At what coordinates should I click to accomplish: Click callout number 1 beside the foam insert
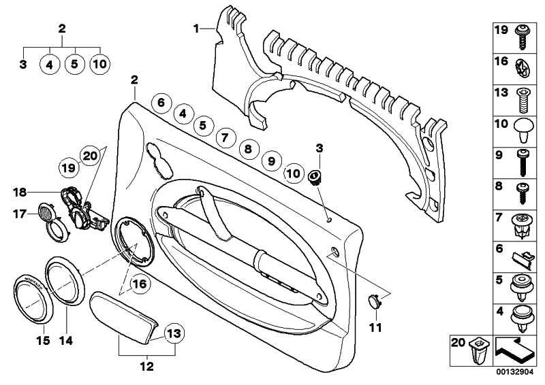tap(196, 29)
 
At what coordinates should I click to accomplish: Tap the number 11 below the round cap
tap(375, 327)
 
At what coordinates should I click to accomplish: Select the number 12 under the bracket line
tap(147, 366)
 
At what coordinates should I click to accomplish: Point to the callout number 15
tap(44, 341)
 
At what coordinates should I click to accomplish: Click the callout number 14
tap(66, 341)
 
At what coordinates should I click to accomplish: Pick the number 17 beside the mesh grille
tap(20, 214)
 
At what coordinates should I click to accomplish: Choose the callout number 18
tap(20, 192)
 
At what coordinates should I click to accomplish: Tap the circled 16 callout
tap(140, 284)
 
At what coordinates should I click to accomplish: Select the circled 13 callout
tap(174, 333)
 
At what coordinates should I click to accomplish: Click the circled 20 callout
tap(90, 156)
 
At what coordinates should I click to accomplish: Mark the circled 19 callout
tap(68, 168)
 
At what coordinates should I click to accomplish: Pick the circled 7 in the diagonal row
tap(225, 138)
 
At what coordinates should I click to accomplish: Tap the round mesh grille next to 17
tap(46, 212)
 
